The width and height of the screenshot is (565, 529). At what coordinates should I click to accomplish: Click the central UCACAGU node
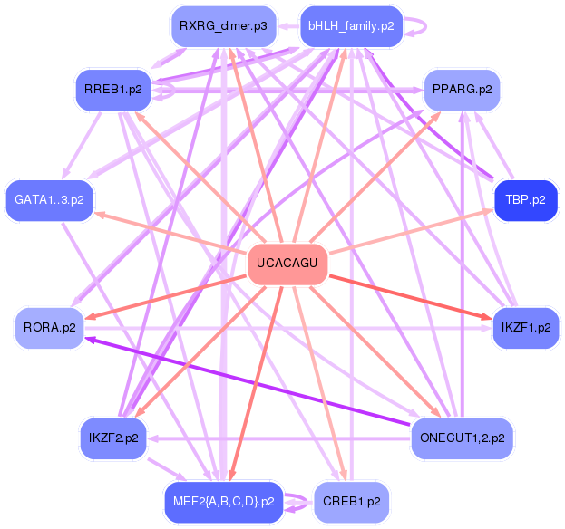click(287, 264)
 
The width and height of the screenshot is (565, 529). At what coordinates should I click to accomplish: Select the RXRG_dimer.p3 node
click(222, 26)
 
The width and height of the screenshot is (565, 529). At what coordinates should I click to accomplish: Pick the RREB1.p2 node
click(111, 91)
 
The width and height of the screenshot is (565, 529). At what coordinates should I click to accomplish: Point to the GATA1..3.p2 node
click(50, 199)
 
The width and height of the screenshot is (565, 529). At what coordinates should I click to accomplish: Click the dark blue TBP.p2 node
click(525, 199)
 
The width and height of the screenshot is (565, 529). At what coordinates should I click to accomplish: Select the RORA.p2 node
click(50, 327)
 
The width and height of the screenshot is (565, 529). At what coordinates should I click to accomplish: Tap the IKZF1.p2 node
click(525, 327)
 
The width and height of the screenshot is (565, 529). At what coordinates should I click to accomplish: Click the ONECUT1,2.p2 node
click(462, 438)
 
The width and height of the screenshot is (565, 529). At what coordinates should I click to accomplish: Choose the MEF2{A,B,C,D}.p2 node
click(222, 501)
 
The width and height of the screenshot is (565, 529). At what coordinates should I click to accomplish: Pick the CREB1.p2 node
click(351, 501)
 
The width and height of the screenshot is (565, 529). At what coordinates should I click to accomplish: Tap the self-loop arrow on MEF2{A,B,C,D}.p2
click(297, 501)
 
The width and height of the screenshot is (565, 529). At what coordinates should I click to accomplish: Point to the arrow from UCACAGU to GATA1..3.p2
click(172, 232)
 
